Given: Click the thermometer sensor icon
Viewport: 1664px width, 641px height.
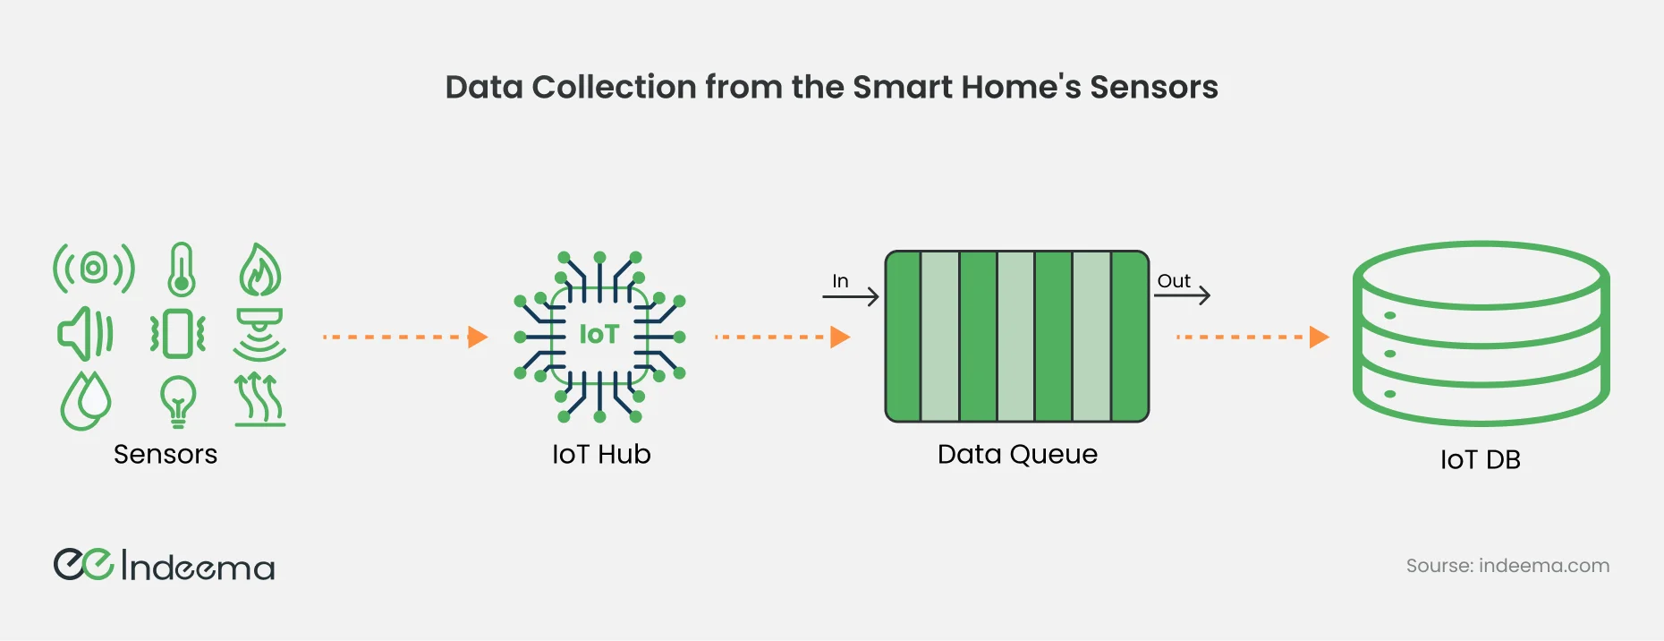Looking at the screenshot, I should point(182,269).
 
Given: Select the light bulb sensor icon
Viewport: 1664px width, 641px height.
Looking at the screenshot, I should point(178,400).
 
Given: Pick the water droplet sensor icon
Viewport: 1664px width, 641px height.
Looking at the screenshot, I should point(86,400).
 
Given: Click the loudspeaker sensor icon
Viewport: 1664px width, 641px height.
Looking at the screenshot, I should point(85,333).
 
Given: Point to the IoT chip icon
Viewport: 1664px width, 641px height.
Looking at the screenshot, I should point(599,337).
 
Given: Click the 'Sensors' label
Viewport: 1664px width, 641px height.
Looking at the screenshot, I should point(166,455).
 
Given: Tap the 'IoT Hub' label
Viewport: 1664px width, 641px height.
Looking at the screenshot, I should point(601,455).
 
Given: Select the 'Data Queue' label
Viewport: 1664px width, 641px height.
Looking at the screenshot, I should point(1017,455).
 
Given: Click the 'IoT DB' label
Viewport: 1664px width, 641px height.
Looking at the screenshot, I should point(1480,460).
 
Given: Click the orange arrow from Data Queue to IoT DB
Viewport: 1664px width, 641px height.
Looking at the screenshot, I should point(1252,338).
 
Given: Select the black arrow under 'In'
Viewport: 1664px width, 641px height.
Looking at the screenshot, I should point(851,296).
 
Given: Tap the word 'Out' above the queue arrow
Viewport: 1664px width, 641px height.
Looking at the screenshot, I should point(1174,281).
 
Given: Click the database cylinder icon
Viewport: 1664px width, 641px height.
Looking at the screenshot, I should point(1481,333).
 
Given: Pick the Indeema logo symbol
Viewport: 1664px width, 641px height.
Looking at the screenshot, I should point(83,565).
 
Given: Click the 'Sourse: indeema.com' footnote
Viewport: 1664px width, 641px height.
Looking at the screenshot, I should point(1507,566).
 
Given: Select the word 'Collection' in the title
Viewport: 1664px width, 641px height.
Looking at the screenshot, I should point(613,87).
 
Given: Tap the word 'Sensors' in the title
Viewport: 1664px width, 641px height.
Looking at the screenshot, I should point(1153,87).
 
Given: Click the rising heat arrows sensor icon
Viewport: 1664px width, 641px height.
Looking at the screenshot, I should point(259,399).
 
